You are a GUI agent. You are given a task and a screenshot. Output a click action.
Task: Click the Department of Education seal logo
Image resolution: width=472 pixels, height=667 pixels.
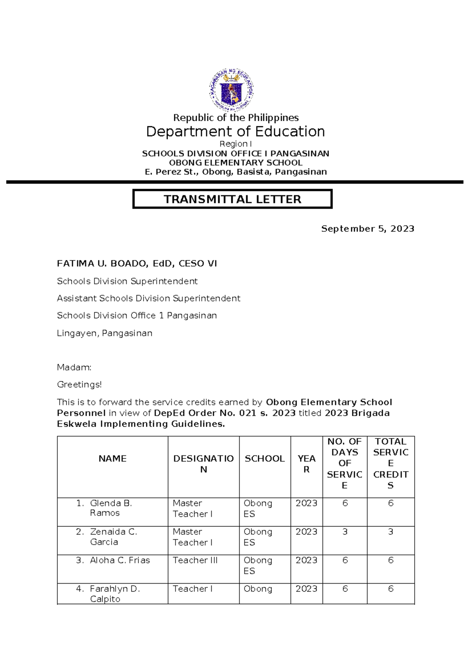tap(231, 90)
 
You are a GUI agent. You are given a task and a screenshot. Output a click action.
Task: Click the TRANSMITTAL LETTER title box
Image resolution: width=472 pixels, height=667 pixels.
tap(232, 199)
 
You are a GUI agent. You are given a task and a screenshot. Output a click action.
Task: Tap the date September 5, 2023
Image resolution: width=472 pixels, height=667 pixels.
tap(367, 229)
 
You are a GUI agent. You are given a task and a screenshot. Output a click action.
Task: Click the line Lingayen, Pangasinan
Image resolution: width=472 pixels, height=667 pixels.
tap(105, 333)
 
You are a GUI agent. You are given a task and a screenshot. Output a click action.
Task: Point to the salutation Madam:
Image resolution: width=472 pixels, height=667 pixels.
tap(74, 367)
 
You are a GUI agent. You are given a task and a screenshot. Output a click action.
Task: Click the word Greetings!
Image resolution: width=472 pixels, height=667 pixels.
tap(79, 385)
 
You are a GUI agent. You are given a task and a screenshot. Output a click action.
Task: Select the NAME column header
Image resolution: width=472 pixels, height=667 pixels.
tap(112, 459)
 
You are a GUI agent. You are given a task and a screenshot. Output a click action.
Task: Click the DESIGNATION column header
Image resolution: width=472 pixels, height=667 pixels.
tap(203, 464)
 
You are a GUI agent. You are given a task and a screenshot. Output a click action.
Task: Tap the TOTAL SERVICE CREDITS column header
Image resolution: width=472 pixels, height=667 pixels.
tap(391, 463)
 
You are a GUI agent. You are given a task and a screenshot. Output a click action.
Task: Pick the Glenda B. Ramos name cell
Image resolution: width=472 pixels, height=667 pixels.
tap(111, 508)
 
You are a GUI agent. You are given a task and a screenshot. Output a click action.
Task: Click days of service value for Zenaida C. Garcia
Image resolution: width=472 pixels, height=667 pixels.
tap(345, 532)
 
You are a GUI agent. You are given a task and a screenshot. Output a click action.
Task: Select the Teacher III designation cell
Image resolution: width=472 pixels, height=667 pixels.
tap(195, 560)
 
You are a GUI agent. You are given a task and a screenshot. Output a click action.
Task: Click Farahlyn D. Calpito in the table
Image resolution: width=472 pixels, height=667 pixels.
tap(114, 593)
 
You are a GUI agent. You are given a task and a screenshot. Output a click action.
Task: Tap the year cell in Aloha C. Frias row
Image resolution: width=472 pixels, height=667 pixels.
tap(306, 560)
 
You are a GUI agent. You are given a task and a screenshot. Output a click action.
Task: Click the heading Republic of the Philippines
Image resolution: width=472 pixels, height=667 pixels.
tap(236, 118)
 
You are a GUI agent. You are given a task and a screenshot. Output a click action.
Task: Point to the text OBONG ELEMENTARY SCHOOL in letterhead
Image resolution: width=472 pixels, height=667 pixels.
tap(236, 162)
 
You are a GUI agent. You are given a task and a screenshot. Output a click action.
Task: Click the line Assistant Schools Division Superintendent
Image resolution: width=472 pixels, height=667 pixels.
tap(148, 298)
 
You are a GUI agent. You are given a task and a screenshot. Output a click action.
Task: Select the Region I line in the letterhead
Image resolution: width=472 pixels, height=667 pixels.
tap(235, 144)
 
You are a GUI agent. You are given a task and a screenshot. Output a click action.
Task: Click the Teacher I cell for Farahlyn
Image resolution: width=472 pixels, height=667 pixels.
tap(192, 589)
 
